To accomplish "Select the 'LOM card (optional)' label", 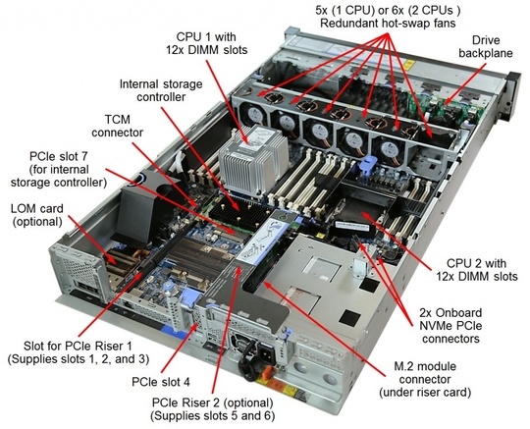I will click(40, 215).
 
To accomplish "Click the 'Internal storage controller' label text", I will click(156, 89).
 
